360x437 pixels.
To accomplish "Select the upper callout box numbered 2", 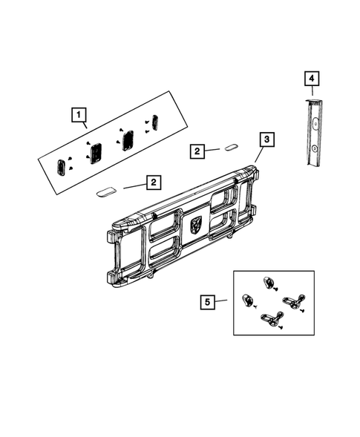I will pos(196,151).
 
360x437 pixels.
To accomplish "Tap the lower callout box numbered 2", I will pos(152,181).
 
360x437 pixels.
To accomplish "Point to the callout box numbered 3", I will pos(266,139).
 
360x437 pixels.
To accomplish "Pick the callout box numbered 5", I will pos(208,302).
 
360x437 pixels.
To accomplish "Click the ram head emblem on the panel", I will pos(197,224).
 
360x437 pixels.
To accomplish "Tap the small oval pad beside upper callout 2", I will pos(231,148).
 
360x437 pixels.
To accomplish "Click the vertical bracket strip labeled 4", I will pos(314,134).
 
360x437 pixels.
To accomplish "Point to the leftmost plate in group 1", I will pos(62,166).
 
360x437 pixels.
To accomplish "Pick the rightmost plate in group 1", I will pos(156,121).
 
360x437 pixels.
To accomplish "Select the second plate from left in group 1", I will pos(96,153).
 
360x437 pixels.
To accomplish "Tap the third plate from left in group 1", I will pos(127,138).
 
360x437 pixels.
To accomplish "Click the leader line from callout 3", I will pos(258,154).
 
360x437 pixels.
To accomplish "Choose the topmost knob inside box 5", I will pos(269,283).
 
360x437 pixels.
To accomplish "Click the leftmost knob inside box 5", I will pos(247,300).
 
